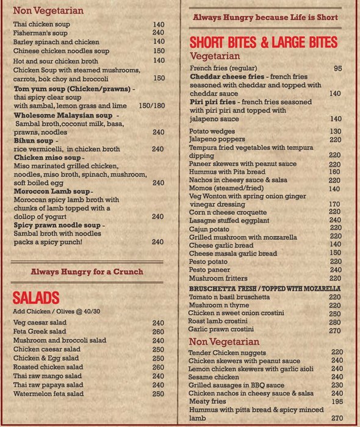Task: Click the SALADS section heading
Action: pyautogui.click(x=36, y=298)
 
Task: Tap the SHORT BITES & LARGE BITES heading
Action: pyautogui.click(x=263, y=43)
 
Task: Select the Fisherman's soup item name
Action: pyautogui.click(x=39, y=33)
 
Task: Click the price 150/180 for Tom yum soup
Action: pyautogui.click(x=152, y=106)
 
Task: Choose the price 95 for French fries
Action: pyautogui.click(x=337, y=68)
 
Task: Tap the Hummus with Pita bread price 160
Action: pyautogui.click(x=335, y=172)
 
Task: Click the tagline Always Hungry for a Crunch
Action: pyautogui.click(x=87, y=271)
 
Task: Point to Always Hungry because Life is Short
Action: pyautogui.click(x=265, y=18)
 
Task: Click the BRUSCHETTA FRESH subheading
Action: pyautogui.click(x=264, y=289)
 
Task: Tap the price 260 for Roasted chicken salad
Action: pyautogui.click(x=159, y=367)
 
